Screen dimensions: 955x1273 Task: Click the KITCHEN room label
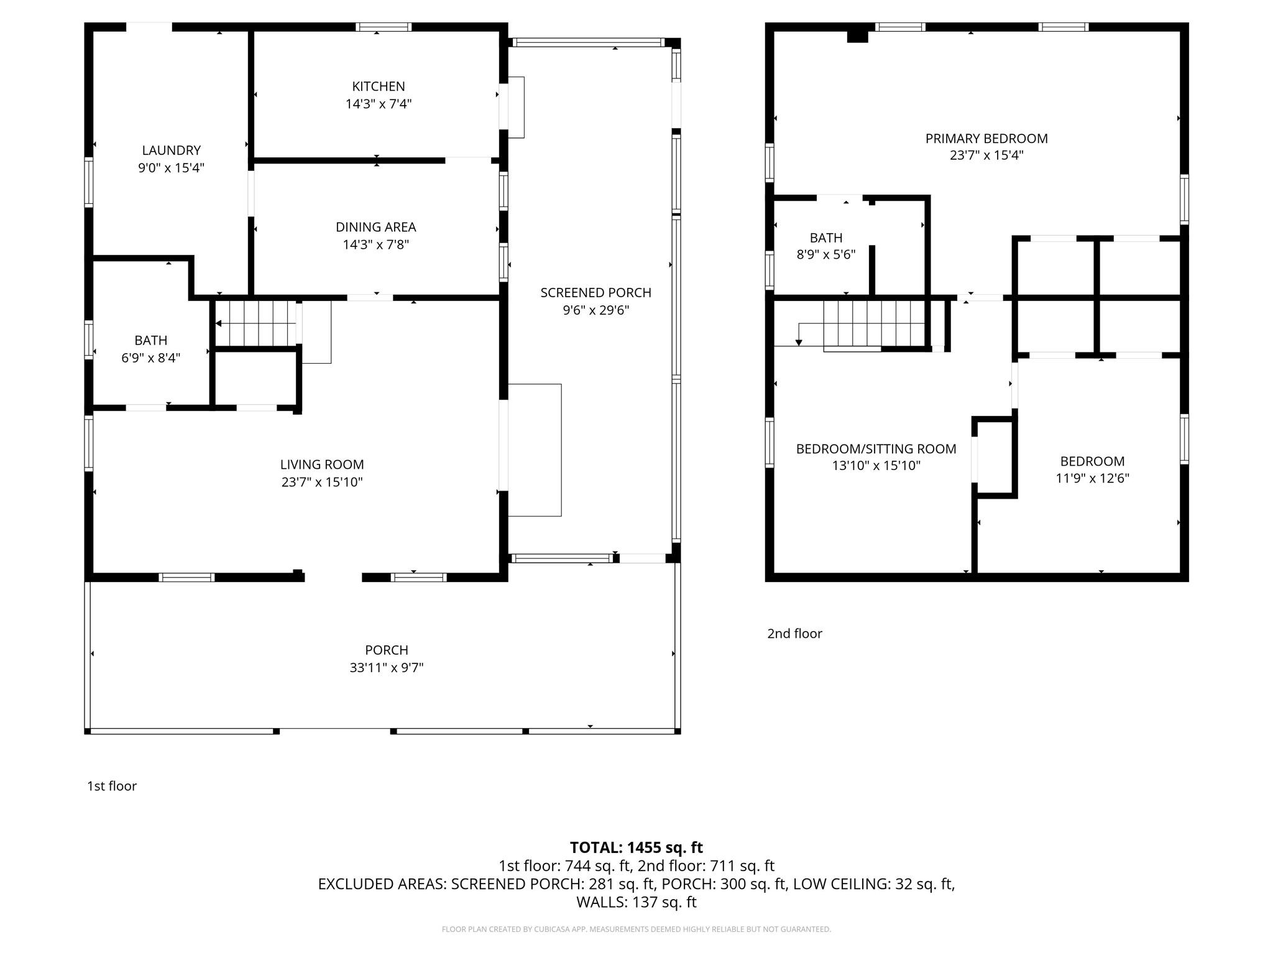tap(378, 86)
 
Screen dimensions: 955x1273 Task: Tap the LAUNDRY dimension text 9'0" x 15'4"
tap(171, 168)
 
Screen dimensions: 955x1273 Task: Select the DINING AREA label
tap(375, 227)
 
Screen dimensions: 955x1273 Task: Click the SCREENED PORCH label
tap(595, 292)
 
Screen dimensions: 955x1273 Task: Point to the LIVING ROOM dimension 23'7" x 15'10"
tap(321, 482)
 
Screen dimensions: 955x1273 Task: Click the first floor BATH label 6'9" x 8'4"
tap(150, 349)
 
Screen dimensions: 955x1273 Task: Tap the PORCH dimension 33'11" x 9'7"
tap(386, 668)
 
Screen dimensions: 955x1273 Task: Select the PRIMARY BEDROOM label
tap(986, 139)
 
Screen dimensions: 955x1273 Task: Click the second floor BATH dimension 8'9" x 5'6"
tap(825, 254)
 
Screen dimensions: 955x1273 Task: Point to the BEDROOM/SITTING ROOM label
tap(875, 449)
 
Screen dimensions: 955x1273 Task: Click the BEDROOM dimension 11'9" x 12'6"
tap(1091, 478)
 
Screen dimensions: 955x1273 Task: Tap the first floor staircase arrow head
tap(218, 323)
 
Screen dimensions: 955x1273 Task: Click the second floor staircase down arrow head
tap(799, 343)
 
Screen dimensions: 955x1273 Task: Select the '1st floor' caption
tap(112, 786)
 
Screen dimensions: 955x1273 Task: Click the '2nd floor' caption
tap(794, 634)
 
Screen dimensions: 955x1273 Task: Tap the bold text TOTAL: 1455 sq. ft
tap(636, 847)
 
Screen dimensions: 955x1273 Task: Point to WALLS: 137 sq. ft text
tap(636, 902)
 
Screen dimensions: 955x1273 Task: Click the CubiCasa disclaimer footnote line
tap(636, 930)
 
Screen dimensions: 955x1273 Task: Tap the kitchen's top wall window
tap(383, 27)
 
